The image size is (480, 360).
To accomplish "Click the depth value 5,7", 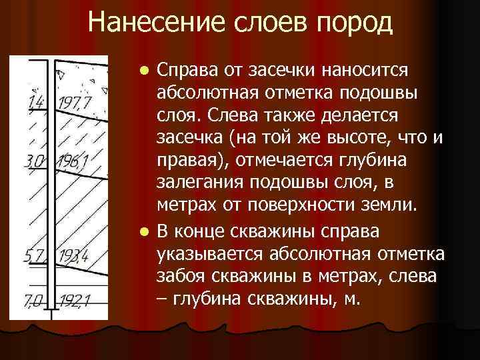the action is (33, 256).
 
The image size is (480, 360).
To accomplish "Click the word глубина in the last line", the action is (208, 299).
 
